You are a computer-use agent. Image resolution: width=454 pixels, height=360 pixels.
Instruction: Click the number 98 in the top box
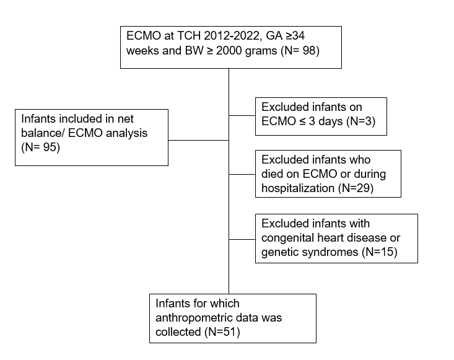click(x=308, y=51)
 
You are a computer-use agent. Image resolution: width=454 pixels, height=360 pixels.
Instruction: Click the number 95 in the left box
click(x=50, y=147)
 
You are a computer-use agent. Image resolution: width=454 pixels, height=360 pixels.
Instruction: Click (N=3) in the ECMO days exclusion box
click(x=360, y=121)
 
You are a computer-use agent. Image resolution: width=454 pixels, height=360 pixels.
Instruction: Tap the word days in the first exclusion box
click(x=331, y=121)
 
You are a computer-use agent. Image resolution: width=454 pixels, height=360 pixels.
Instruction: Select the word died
click(x=272, y=173)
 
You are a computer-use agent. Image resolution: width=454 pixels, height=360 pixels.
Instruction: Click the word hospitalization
click(x=298, y=188)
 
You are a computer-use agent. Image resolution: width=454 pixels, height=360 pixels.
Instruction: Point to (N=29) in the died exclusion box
click(x=356, y=188)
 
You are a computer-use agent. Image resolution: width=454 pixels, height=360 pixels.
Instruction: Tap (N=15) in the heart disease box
click(x=380, y=252)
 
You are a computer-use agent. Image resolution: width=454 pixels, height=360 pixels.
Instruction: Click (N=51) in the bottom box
click(x=222, y=332)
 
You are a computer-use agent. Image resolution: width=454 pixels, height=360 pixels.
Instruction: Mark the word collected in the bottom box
click(x=178, y=332)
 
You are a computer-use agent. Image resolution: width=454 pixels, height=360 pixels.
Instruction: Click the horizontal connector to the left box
click(x=199, y=141)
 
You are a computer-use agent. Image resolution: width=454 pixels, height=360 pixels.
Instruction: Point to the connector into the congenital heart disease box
click(x=242, y=240)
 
